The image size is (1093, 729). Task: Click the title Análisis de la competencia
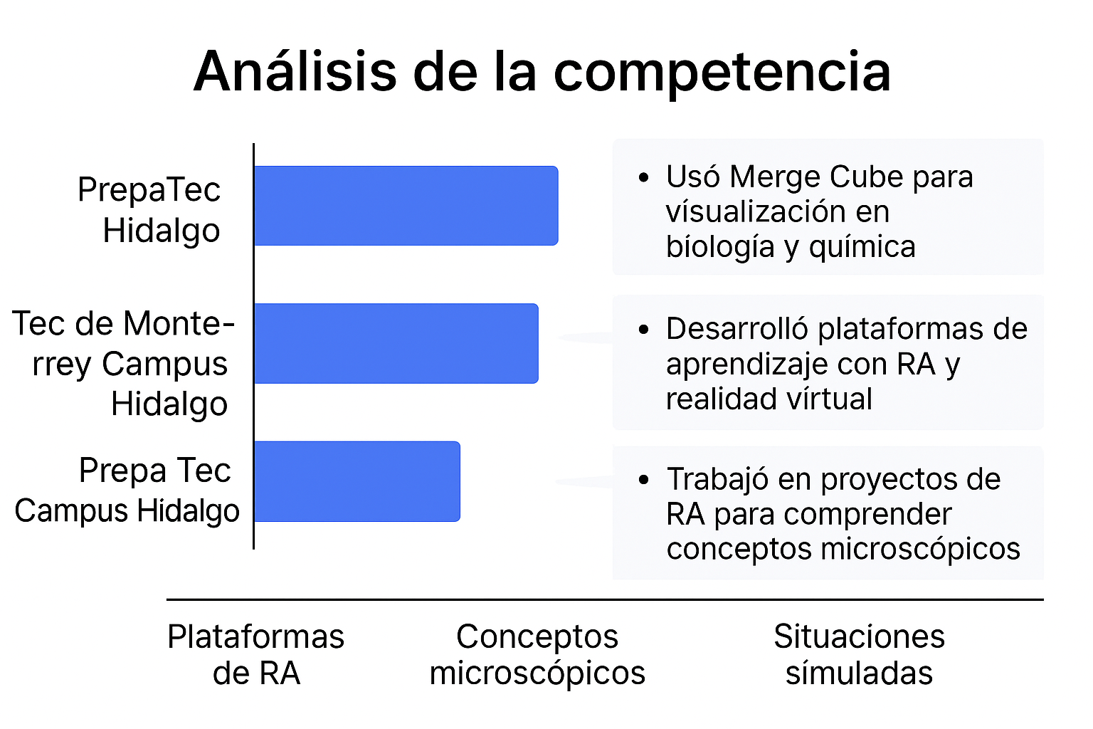point(542,73)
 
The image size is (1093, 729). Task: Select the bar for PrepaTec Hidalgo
point(406,206)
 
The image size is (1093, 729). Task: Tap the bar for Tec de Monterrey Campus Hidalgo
point(396,343)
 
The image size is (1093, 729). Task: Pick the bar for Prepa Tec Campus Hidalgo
point(357,481)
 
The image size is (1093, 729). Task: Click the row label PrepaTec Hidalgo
point(149,210)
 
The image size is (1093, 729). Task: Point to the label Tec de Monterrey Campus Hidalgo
point(123,364)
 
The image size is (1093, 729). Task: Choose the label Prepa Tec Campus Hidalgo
point(127,491)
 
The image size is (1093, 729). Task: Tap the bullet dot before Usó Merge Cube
point(644,177)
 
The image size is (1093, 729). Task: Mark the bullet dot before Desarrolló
point(644,330)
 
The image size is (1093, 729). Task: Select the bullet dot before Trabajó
point(644,480)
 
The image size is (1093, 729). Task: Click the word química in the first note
point(862,248)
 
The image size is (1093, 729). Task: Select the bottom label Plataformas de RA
point(256,655)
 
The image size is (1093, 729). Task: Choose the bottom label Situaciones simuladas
point(860,655)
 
